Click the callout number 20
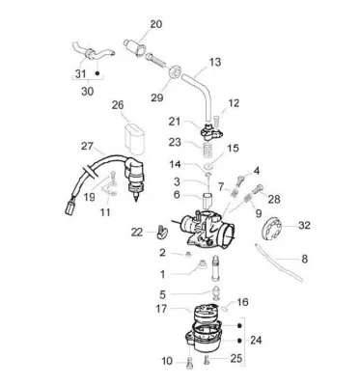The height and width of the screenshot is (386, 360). point(156,24)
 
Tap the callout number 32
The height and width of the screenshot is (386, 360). point(304,225)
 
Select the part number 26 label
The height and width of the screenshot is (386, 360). point(118,105)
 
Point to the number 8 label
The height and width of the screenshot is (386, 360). point(304,259)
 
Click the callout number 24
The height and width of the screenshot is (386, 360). point(256,340)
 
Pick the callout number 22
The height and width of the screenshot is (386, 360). point(137,232)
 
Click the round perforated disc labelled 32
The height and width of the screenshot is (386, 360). point(271,229)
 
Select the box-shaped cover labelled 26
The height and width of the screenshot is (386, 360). point(134,137)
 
